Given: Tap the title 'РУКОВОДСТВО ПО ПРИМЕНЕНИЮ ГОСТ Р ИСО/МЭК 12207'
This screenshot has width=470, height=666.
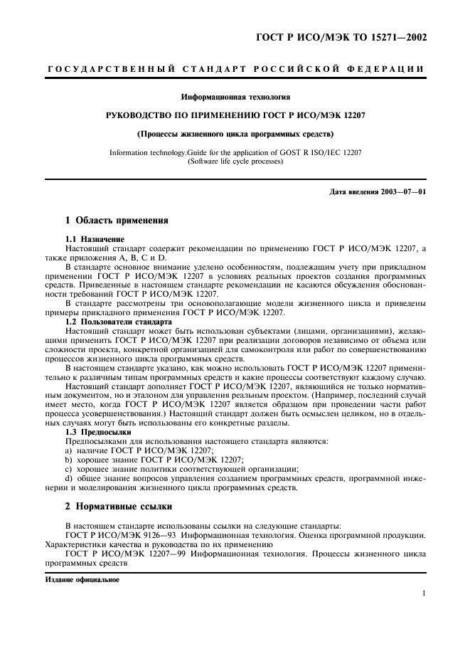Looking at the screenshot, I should tap(235, 115).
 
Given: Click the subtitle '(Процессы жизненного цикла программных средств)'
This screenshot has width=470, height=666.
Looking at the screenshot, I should tap(235, 133).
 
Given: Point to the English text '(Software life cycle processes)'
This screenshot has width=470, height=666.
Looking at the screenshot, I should tap(235, 162).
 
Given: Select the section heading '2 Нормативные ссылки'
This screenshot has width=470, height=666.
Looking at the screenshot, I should tap(119, 506).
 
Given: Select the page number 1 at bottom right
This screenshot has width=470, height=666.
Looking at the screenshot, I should tap(423, 592).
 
